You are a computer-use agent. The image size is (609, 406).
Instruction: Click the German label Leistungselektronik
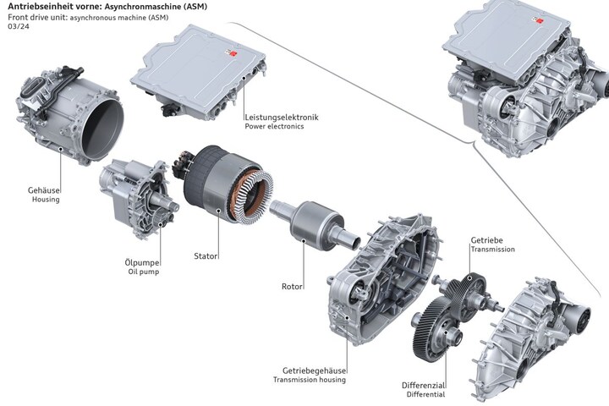[282, 117]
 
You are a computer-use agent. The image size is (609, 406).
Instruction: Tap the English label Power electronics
[274, 126]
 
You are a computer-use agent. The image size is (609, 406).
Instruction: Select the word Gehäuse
[44, 190]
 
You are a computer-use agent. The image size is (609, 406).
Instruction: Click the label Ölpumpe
[142, 263]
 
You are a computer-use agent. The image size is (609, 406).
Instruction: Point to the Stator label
[206, 256]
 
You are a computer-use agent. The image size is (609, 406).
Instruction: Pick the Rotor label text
[292, 287]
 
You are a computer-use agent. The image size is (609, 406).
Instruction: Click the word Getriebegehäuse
[314, 370]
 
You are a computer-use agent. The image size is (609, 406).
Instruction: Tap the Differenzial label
[424, 386]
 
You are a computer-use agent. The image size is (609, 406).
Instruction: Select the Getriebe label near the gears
[486, 240]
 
